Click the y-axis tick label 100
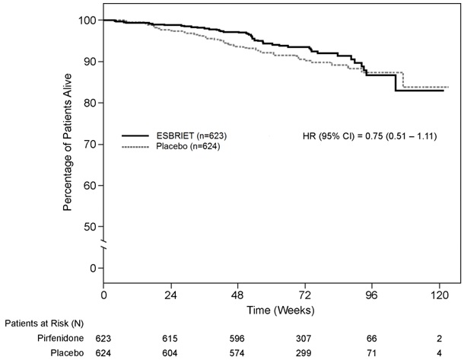coord(87,20)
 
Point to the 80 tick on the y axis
coord(90,103)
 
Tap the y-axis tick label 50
coord(90,227)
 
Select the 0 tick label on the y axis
coord(93,268)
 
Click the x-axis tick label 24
coord(170,295)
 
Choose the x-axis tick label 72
coord(305,295)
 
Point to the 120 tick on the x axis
coord(440,295)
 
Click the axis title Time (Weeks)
coord(281,311)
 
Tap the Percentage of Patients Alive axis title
coord(68,142)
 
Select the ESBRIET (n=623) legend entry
coord(174,136)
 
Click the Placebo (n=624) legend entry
coord(171,146)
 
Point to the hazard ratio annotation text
coord(370,136)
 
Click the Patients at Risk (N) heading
coord(44,323)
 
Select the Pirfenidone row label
coord(60,338)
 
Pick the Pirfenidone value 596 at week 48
coord(237,339)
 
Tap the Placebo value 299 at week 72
coord(304,353)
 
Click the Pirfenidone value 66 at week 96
coord(371,339)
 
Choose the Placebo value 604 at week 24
coord(170,353)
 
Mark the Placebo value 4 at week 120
coord(440,353)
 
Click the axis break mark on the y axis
coord(103,244)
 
